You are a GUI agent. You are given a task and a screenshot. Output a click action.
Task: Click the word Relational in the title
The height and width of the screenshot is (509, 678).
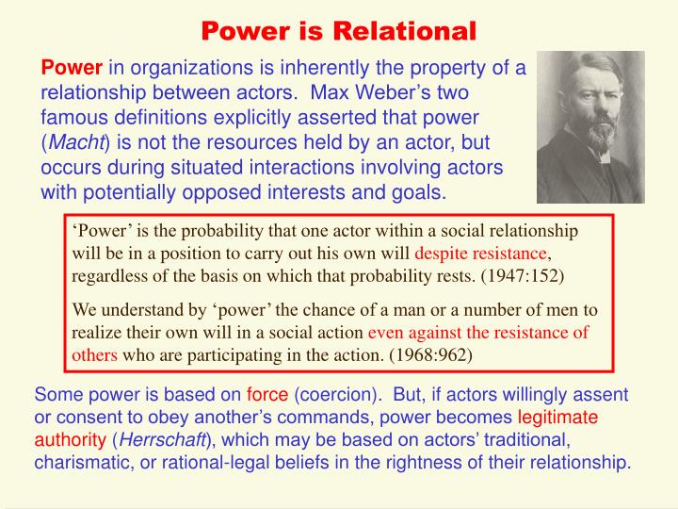(x=408, y=31)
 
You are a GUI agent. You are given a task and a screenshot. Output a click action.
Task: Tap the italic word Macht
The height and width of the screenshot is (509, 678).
(x=78, y=141)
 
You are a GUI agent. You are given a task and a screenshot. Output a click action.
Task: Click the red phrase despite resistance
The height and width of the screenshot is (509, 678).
(x=482, y=254)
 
